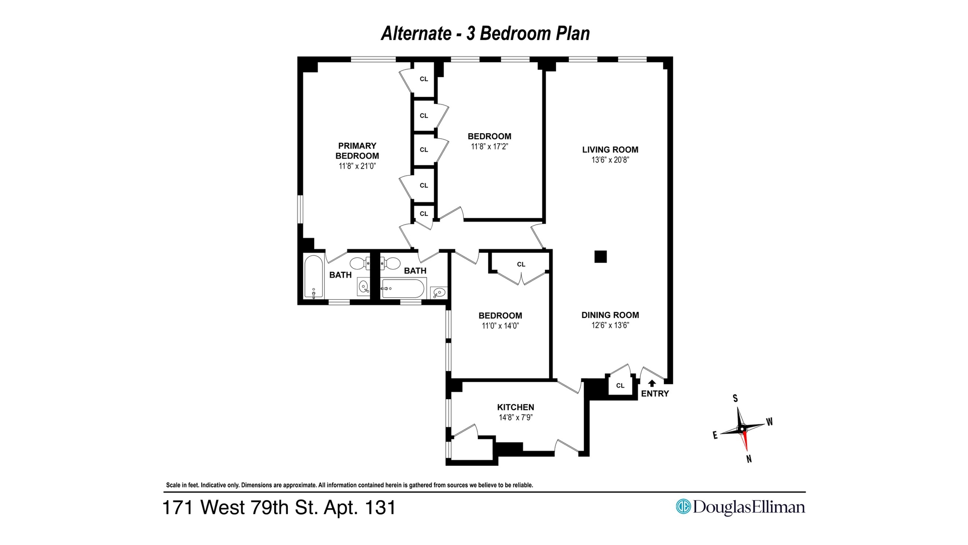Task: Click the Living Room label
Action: (610, 149)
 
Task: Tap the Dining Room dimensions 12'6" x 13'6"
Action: (610, 325)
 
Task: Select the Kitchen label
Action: (515, 407)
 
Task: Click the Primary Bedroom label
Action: (357, 151)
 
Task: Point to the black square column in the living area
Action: (600, 256)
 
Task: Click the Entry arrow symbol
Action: (652, 383)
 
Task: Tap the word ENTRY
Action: (655, 394)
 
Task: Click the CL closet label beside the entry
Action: (620, 386)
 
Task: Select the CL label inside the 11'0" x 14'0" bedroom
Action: (521, 264)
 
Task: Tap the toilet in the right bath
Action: (390, 263)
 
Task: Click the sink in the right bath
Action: (439, 292)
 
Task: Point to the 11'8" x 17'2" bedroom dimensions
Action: (489, 147)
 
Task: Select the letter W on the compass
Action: (769, 421)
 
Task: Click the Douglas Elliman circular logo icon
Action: (683, 506)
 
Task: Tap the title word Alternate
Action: (416, 33)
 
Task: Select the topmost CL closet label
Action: (423, 79)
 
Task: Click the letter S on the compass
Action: (735, 398)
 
